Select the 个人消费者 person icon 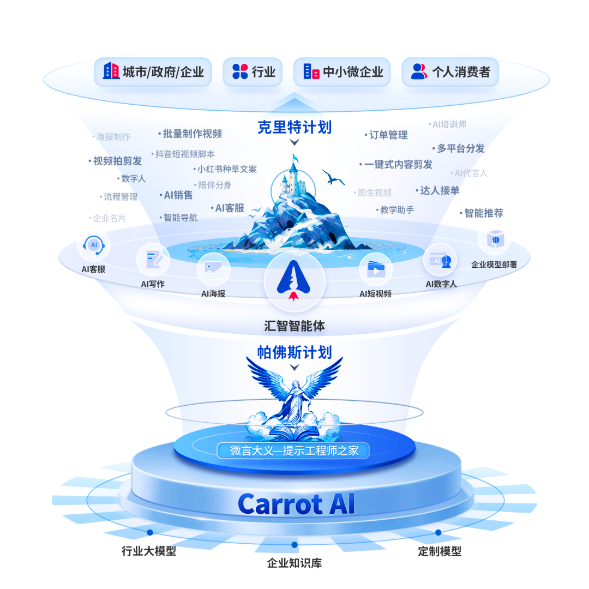pos(418,71)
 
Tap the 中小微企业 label pos(353,71)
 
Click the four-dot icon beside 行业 pos(240,71)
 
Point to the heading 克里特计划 pos(294,128)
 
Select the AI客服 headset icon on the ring pos(94,245)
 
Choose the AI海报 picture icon pos(213,269)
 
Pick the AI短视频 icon pos(376,269)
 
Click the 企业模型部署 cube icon pos(494,239)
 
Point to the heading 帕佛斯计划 pos(294,352)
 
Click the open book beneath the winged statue pos(294,435)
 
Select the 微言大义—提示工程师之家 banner pos(293,450)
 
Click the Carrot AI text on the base pos(296,504)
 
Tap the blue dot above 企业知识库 pos(294,544)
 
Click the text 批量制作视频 pos(192,134)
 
